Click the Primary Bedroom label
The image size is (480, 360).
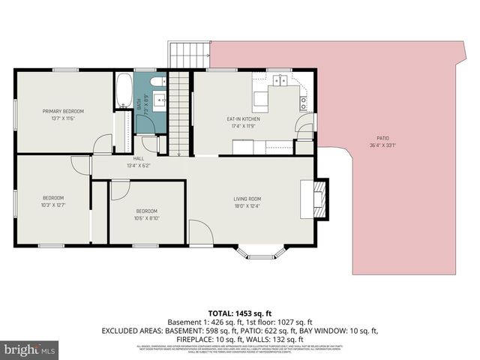pos(63,111)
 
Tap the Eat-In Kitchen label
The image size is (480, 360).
pos(243,118)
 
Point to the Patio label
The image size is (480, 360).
pos(382,138)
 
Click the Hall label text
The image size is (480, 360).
pos(139,159)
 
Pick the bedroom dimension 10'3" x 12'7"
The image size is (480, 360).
pos(54,205)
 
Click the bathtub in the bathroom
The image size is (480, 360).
pos(123,91)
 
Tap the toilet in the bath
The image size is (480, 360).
pos(157,82)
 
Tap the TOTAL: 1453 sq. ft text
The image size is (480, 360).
pos(240,313)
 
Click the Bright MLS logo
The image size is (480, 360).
pos(30,349)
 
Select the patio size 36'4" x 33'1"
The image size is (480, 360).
pos(382,145)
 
